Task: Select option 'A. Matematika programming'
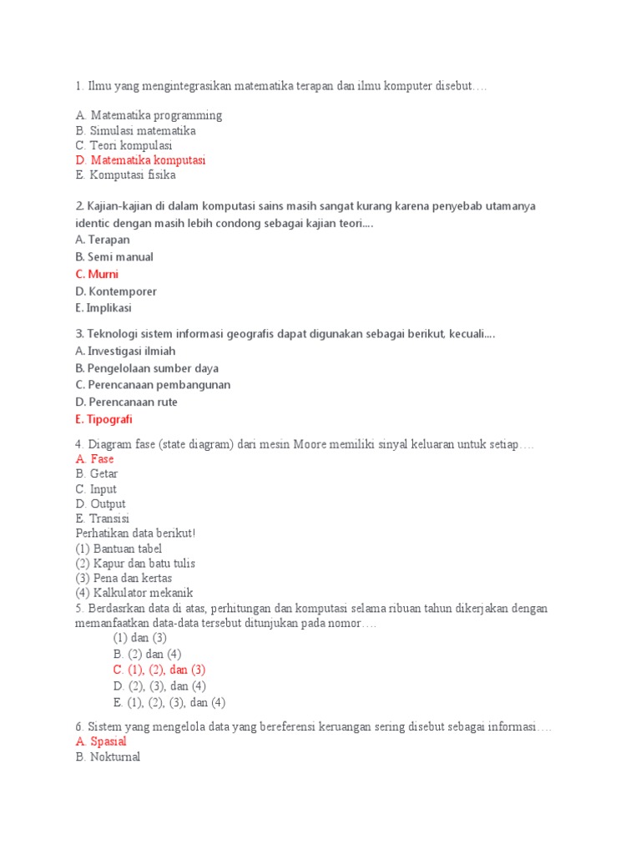[x=149, y=115]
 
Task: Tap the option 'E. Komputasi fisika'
[x=125, y=175]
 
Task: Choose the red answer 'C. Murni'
[x=97, y=274]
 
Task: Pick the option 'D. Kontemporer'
[x=115, y=291]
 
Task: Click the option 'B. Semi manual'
[x=114, y=257]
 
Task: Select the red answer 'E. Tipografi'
[x=103, y=419]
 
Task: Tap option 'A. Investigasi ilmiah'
[x=125, y=351]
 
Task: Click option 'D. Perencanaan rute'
[x=126, y=402]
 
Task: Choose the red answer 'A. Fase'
[x=94, y=459]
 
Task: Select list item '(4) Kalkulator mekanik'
[x=134, y=593]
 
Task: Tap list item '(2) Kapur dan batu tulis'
[x=135, y=564]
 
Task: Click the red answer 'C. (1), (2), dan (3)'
[x=159, y=670]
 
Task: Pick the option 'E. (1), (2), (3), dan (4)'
[x=169, y=702]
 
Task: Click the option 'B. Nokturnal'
[x=108, y=757]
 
